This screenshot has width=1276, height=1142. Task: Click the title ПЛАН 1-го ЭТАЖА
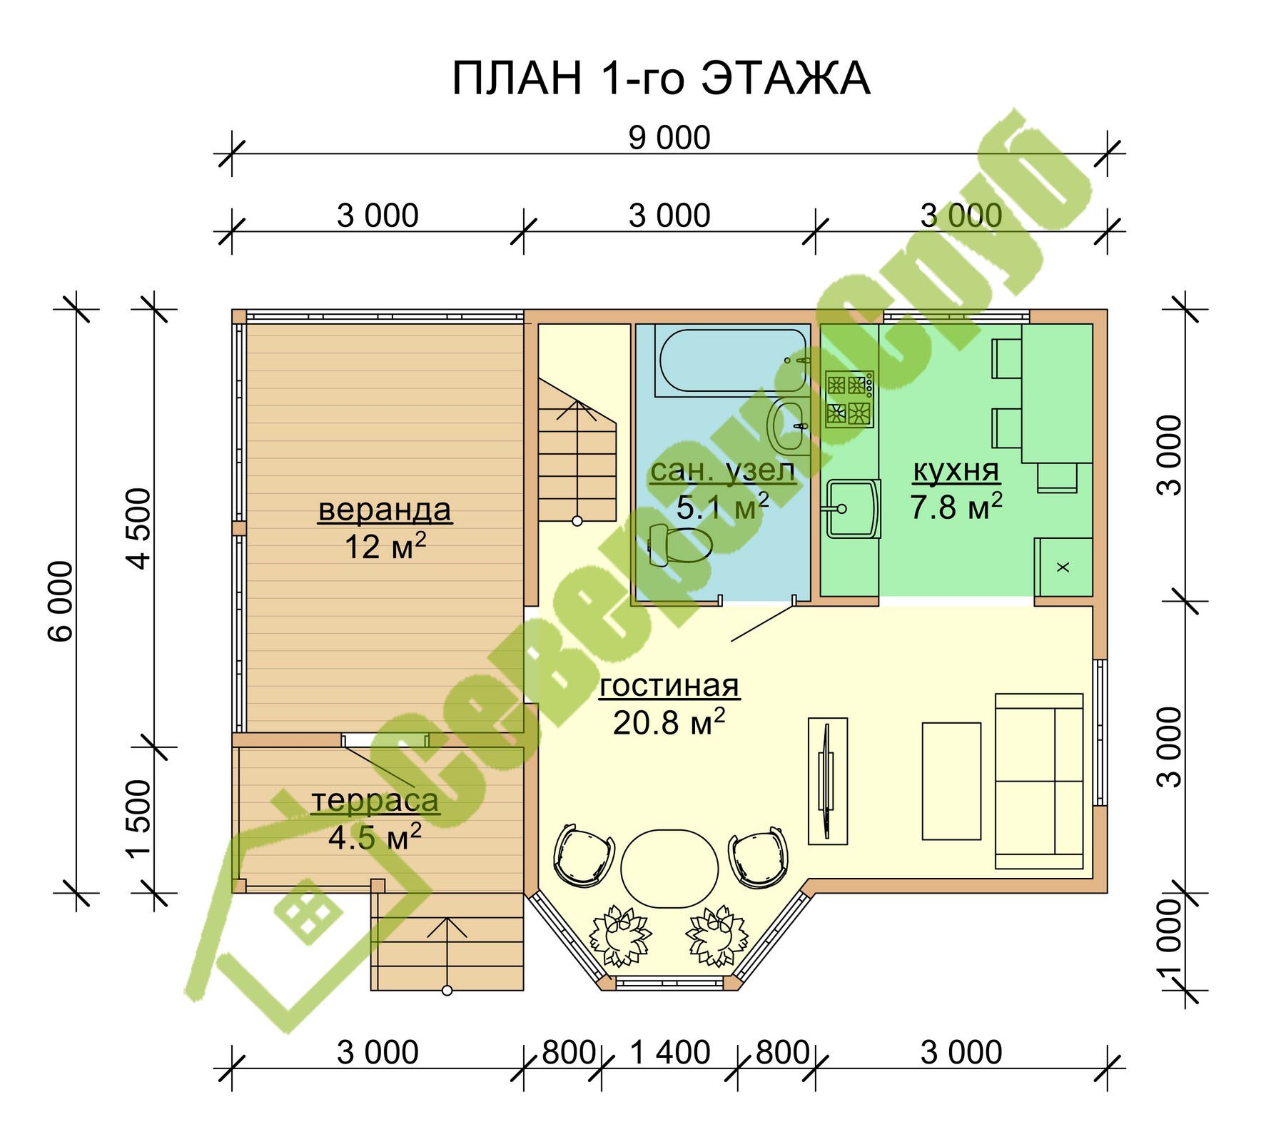[661, 79]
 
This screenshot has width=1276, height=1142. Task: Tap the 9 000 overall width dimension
[669, 138]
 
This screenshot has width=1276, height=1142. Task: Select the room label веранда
[385, 510]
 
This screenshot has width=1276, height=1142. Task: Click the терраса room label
[375, 801]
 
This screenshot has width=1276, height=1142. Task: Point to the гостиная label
[669, 685]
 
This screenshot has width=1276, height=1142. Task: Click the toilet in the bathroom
[680, 545]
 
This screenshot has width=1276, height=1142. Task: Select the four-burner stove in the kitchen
[849, 399]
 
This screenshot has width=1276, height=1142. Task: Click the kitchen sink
[853, 508]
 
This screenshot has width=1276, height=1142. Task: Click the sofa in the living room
[1039, 781]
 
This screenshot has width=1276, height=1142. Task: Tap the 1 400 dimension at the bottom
[669, 1053]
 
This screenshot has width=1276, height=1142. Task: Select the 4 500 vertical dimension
[140, 528]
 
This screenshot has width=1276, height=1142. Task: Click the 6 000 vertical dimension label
[61, 601]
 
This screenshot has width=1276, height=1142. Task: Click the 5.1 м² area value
[722, 506]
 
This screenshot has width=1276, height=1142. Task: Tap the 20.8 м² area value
[669, 722]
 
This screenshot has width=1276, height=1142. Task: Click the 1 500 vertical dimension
[140, 818]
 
